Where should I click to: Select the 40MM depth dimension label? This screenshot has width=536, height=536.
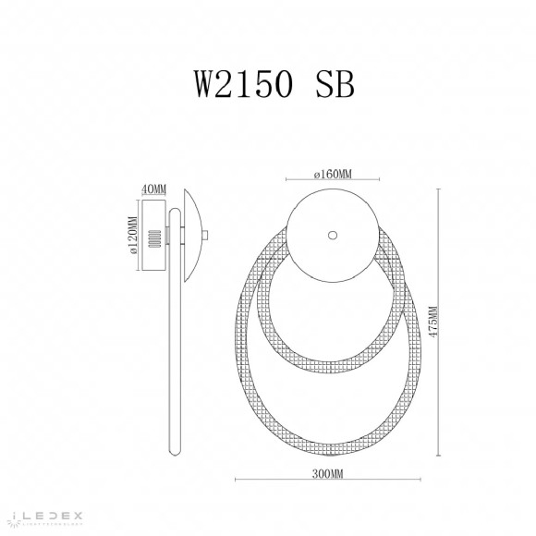click(153, 190)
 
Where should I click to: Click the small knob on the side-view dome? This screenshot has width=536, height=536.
click(210, 236)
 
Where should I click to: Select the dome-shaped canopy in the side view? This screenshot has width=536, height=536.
click(191, 235)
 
